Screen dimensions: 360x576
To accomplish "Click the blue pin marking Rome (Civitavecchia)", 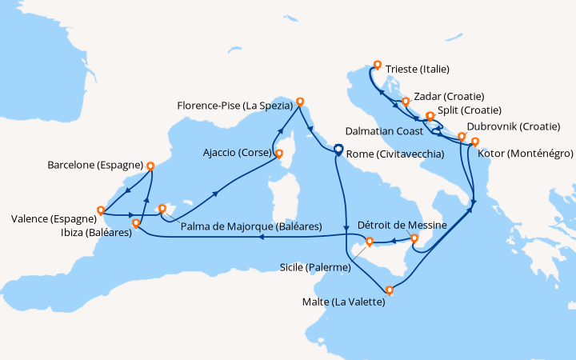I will pos(338,149).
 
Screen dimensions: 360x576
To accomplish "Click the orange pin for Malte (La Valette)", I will pos(390,290).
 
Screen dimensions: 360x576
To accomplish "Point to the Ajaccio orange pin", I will pos(278,153).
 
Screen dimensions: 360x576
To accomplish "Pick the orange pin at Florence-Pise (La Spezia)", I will pos(301,102).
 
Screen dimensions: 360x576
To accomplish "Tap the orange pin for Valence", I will pos(101,211).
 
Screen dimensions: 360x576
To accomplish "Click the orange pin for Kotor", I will pos(475,142).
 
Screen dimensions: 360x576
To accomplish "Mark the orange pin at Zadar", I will pos(406,102).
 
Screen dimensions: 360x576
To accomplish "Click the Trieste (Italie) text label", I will pos(417,69).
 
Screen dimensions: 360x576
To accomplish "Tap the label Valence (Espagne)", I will pos(52,218).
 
